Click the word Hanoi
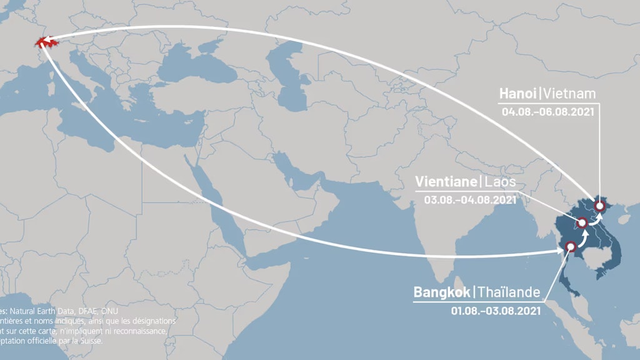(518, 94)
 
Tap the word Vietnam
(569, 94)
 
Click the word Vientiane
(446, 182)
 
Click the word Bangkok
(442, 291)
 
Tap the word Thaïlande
(509, 291)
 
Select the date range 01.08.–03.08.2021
(496, 309)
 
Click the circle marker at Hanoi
(600, 206)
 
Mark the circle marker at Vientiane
(581, 222)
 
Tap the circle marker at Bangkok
(569, 247)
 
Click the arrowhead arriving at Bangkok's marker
(559, 251)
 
